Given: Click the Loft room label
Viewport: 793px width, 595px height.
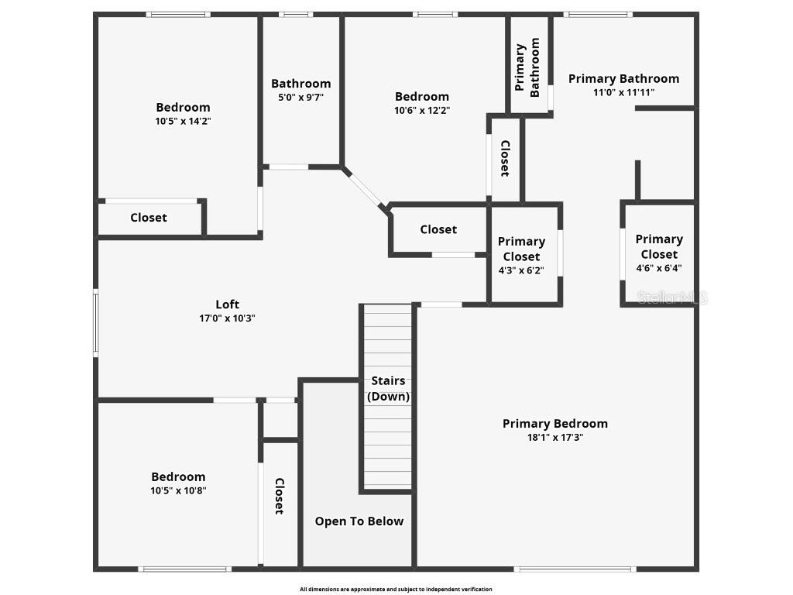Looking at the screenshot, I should click(227, 304).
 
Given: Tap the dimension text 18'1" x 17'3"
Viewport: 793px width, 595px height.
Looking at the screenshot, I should click(554, 437).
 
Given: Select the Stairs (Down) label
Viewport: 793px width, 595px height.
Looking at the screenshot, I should click(388, 388).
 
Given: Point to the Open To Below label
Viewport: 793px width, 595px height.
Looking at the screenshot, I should click(359, 521).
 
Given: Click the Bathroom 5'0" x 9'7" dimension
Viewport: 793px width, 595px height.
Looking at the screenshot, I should click(300, 98).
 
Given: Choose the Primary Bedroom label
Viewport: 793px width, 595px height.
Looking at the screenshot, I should click(554, 423).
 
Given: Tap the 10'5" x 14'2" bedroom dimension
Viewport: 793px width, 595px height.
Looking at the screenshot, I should click(183, 121).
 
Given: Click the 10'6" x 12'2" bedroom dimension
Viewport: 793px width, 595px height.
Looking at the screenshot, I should click(422, 110).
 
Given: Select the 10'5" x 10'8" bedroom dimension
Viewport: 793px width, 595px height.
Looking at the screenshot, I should click(178, 490).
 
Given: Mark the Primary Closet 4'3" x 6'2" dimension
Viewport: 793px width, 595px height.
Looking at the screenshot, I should click(521, 271).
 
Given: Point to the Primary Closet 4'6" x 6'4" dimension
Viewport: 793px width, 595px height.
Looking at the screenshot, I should click(659, 268).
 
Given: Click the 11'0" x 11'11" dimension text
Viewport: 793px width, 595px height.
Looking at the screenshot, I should click(623, 92).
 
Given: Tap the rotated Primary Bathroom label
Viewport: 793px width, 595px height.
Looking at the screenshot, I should click(527, 70).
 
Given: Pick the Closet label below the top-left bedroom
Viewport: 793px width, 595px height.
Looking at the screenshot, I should click(149, 218).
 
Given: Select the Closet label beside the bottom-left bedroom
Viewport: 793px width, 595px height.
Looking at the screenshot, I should click(279, 496).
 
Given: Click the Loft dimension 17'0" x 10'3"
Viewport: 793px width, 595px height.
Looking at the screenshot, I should click(227, 318).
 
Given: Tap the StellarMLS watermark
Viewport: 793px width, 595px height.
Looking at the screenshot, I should click(672, 297).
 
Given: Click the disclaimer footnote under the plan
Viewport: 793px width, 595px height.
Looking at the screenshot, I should click(396, 590).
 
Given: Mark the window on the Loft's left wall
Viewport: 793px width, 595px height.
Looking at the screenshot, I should click(96, 322).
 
